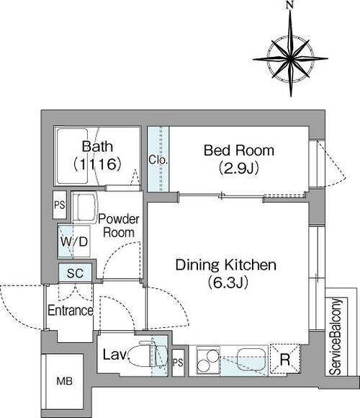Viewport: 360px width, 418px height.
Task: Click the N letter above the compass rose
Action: pyautogui.click(x=290, y=5)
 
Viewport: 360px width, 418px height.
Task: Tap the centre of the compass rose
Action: pyautogui.click(x=291, y=58)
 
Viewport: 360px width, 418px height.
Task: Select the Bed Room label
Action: pyautogui.click(x=239, y=151)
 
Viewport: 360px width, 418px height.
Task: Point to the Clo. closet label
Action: pyautogui.click(x=158, y=160)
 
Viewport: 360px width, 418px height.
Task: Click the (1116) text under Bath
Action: pyautogui.click(x=97, y=164)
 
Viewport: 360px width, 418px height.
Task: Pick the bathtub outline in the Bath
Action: pyautogui.click(x=73, y=156)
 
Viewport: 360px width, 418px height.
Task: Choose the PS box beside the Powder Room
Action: pyautogui.click(x=60, y=205)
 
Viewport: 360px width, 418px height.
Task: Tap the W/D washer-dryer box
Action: pyautogui.click(x=74, y=241)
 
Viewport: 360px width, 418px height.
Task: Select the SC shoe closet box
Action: pyautogui.click(x=76, y=272)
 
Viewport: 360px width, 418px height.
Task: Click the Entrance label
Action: pyautogui.click(x=71, y=311)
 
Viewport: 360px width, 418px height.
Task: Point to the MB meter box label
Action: pyautogui.click(x=64, y=381)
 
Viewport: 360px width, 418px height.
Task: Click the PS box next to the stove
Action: pyautogui.click(x=178, y=363)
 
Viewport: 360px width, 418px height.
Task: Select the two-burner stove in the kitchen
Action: pyautogui.click(x=208, y=360)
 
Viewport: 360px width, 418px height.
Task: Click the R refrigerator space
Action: pyautogui.click(x=285, y=360)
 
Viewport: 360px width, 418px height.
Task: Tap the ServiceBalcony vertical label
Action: pyautogui.click(x=336, y=337)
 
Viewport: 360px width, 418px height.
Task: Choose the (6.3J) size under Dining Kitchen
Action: pyautogui.click(x=228, y=283)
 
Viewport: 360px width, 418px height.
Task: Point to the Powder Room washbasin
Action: pyautogui.click(x=84, y=207)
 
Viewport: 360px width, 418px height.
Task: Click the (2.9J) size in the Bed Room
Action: pyautogui.click(x=239, y=168)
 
